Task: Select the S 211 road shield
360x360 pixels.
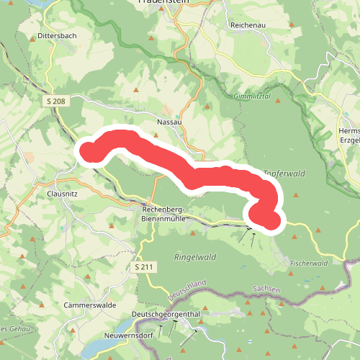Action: [x=144, y=267]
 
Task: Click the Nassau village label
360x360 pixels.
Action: [x=168, y=122]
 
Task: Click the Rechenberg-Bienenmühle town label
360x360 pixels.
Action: [x=165, y=214]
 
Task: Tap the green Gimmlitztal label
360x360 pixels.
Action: [x=251, y=96]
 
